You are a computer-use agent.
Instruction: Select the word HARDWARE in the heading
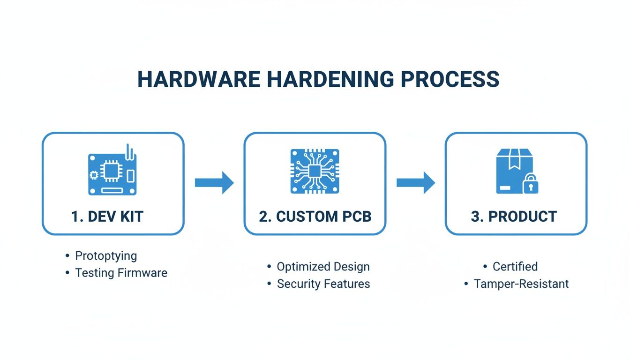[199, 80]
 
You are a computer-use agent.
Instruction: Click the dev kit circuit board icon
[112, 173]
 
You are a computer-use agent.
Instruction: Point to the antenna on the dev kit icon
[130, 151]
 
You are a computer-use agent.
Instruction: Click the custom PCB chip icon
[315, 171]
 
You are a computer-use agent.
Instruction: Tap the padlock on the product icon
[530, 185]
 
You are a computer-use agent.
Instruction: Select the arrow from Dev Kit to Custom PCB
[214, 182]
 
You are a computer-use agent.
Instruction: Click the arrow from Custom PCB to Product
[416, 182]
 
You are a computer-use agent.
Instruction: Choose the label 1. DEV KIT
[107, 217]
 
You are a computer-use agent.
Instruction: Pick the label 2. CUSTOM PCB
[315, 217]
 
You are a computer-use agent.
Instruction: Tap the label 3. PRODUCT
[514, 217]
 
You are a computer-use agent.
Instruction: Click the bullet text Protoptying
[106, 256]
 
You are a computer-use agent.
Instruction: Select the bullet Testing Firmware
[121, 273]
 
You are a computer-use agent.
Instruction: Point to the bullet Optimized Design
[323, 267]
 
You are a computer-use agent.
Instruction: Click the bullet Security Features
[323, 284]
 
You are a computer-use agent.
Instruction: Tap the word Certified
[515, 267]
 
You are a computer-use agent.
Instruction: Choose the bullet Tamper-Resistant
[521, 284]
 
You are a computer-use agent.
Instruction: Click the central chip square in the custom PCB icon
[315, 171]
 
